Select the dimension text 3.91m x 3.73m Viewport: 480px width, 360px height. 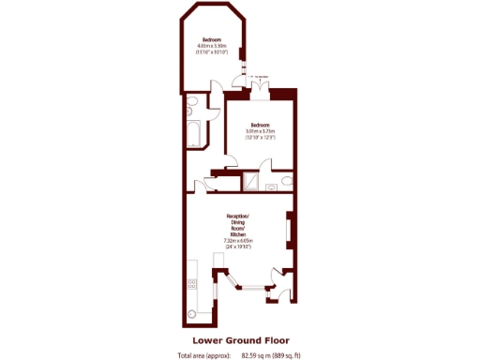(259, 131)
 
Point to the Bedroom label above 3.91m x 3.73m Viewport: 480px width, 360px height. (259, 125)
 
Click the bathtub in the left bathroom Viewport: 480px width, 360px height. (194, 134)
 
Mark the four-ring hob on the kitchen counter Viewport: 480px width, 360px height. (191, 277)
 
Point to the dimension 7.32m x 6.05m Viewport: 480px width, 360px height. (239, 241)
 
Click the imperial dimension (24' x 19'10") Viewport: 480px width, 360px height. (239, 247)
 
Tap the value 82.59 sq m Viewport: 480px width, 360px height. (256, 355)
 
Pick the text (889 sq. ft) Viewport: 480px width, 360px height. (287, 355)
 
